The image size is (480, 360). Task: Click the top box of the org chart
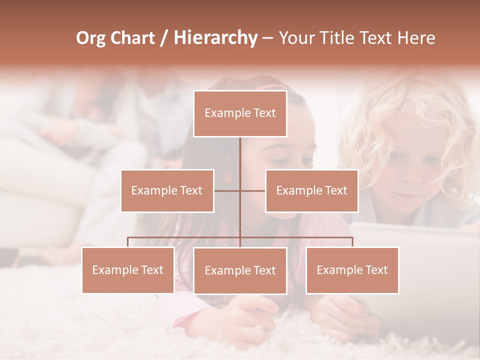[240, 113]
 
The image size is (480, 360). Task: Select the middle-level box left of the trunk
[167, 190]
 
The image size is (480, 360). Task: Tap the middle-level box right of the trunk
[311, 190]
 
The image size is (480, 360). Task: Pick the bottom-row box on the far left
[128, 270]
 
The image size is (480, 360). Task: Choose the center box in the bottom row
[240, 270]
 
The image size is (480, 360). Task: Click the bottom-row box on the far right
[352, 270]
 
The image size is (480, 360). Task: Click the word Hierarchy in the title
[215, 38]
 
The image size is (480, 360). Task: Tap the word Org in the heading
[90, 38]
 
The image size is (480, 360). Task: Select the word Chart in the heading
[132, 38]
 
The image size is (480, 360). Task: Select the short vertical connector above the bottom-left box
[128, 242]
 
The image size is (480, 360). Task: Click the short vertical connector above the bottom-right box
[352, 242]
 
